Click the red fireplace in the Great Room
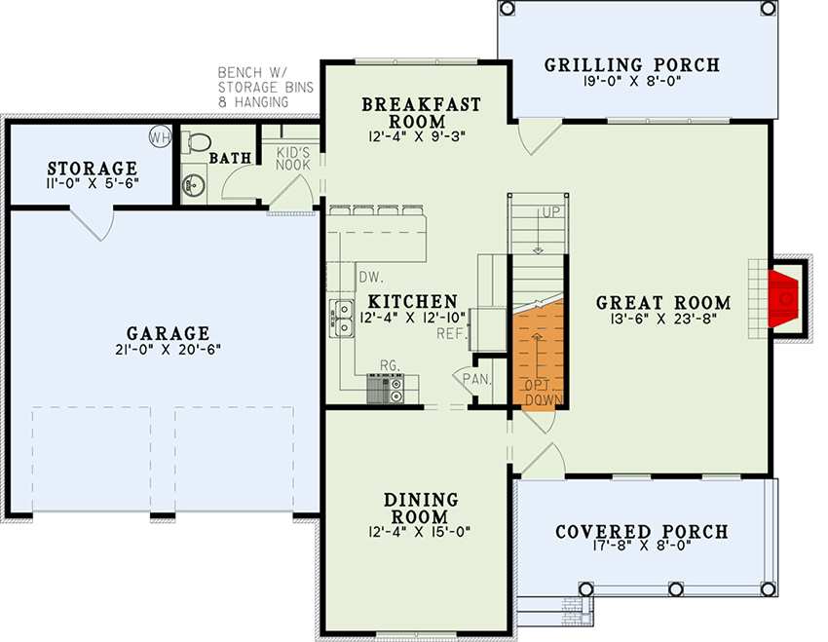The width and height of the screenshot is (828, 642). click(x=782, y=298)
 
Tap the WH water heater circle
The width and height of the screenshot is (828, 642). click(x=160, y=137)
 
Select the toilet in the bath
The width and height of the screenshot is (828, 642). click(x=196, y=142)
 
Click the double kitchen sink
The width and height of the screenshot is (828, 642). click(x=342, y=319)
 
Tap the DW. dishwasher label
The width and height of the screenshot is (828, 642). click(x=371, y=278)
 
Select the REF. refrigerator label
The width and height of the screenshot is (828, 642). click(x=450, y=334)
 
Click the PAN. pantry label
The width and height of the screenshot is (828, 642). click(x=477, y=379)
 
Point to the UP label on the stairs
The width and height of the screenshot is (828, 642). click(x=550, y=212)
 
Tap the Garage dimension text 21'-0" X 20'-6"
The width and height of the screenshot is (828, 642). click(x=168, y=349)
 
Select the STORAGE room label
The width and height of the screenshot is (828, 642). click(x=93, y=169)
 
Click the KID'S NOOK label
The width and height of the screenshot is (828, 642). click(x=293, y=159)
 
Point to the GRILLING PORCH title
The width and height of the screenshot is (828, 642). click(x=632, y=65)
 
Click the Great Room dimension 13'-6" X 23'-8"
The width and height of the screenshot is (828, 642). click(x=663, y=319)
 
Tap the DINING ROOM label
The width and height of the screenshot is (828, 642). click(x=421, y=508)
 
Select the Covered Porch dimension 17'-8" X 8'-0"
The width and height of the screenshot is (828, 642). click(x=642, y=546)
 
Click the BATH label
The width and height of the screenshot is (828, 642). click(x=230, y=158)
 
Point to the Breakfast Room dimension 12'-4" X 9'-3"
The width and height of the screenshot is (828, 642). click(x=417, y=136)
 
